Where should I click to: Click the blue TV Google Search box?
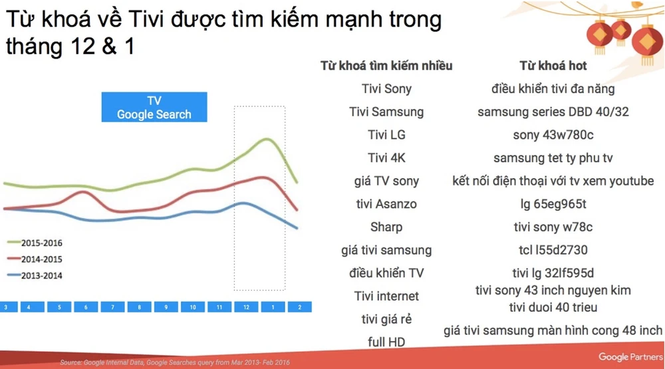[x=154, y=107]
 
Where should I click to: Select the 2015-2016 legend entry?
[x=35, y=243]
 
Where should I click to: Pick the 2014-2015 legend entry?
[x=35, y=259]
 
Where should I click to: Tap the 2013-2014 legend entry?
[x=35, y=276]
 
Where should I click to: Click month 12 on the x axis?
[x=246, y=307]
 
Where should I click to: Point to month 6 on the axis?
[x=86, y=307]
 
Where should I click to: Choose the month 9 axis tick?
[x=166, y=307]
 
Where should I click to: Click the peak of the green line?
[x=267, y=139]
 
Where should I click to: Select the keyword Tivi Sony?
[x=386, y=88]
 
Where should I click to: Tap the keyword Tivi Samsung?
[x=386, y=112]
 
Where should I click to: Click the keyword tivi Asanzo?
[x=386, y=204]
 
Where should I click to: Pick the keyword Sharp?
[x=386, y=227]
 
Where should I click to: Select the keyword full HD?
[x=386, y=342]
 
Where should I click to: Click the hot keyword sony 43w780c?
[x=553, y=135]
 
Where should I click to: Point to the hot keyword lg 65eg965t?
[x=553, y=204]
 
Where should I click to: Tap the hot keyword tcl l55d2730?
[x=553, y=250]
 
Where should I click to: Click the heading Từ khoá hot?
[x=553, y=66]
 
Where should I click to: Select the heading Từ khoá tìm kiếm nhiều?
[x=386, y=66]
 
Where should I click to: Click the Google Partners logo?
[x=630, y=357]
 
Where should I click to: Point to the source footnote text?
[x=175, y=362]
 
